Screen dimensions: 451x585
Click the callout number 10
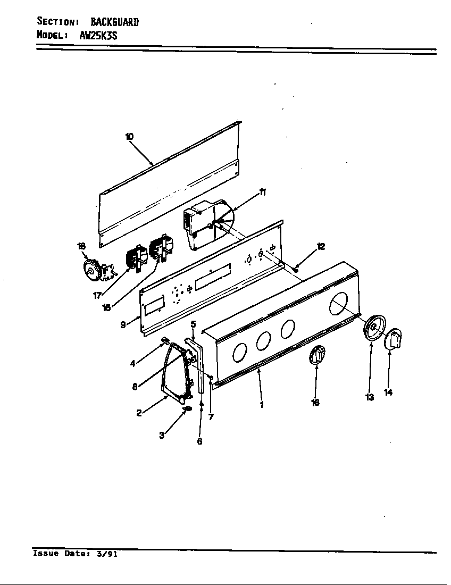click(129, 137)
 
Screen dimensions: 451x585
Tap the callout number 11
click(263, 193)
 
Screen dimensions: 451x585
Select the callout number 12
click(320, 246)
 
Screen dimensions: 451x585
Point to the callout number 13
click(370, 397)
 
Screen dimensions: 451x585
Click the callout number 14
click(389, 392)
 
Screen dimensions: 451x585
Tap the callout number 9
click(123, 324)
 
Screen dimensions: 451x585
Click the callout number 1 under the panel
click(262, 404)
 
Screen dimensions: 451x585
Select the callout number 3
click(161, 435)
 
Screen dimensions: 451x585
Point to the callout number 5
click(193, 324)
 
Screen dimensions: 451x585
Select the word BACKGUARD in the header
click(114, 22)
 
